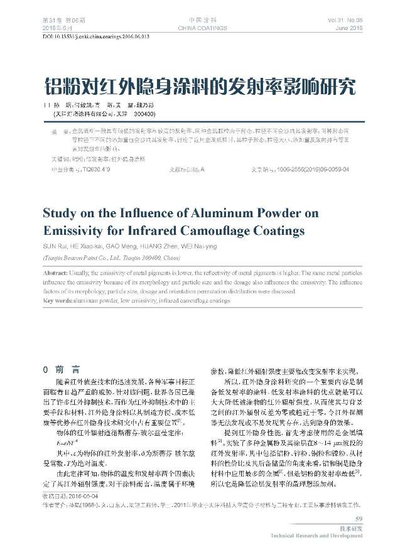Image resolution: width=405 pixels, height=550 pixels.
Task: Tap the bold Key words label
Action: pyautogui.click(x=58, y=301)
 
